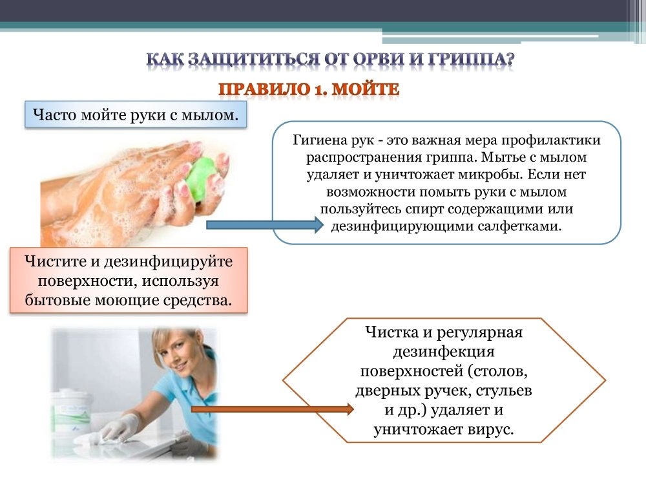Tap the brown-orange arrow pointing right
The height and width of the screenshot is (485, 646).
click(x=273, y=409)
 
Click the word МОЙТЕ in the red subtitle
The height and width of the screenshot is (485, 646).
click(x=365, y=89)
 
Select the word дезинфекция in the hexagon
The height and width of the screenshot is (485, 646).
click(x=444, y=352)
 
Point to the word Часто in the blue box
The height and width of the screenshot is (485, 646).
click(x=54, y=114)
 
